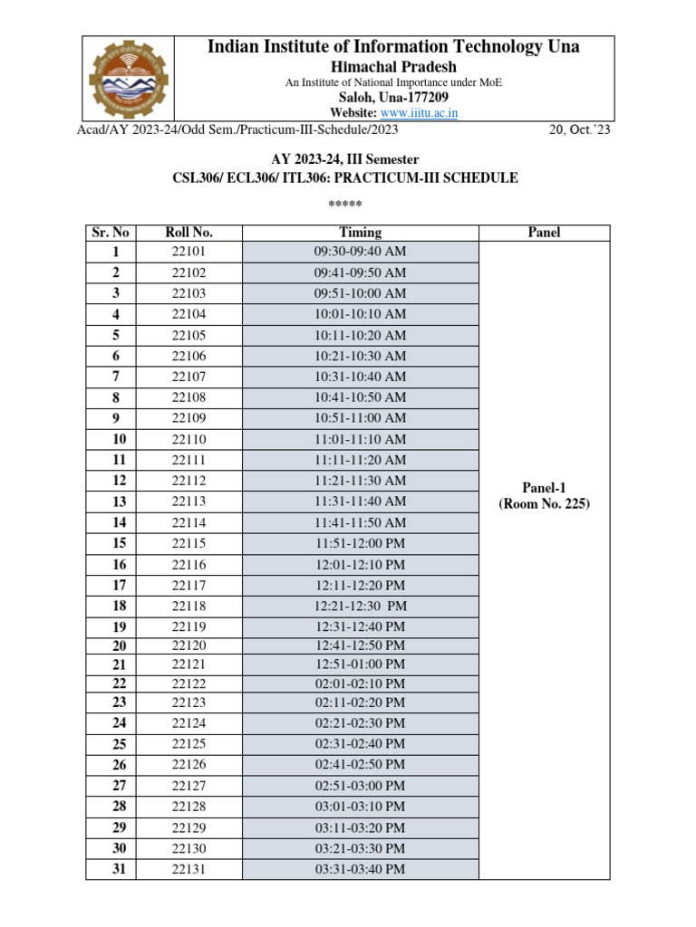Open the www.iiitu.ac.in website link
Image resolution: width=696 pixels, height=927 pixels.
point(419,113)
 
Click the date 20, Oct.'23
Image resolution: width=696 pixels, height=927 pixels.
point(580,129)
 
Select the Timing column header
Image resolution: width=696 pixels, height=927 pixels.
point(360,233)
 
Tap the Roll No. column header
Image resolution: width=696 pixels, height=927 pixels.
point(189,233)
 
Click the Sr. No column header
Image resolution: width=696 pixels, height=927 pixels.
point(111,233)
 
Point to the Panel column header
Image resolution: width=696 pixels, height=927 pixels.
point(544,233)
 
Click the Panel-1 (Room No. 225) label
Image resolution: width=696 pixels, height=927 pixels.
point(544,496)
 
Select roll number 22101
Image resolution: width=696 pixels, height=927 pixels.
point(189,252)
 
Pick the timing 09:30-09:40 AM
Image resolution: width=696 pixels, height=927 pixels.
point(360,252)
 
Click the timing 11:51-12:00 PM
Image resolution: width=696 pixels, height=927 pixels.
point(360,544)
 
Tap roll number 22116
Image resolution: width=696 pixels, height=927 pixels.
point(189,565)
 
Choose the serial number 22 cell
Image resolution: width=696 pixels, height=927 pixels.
point(119,683)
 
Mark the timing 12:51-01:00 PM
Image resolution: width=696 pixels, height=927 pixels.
point(360,664)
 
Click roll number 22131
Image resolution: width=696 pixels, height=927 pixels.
point(189,870)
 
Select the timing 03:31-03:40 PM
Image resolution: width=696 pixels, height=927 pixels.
point(360,870)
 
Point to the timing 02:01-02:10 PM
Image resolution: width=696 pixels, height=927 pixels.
point(360,683)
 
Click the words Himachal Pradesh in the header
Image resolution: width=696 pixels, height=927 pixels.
point(393,67)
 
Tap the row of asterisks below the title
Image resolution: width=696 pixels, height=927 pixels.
point(345,203)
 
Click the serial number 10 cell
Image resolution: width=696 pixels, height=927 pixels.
point(119,439)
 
